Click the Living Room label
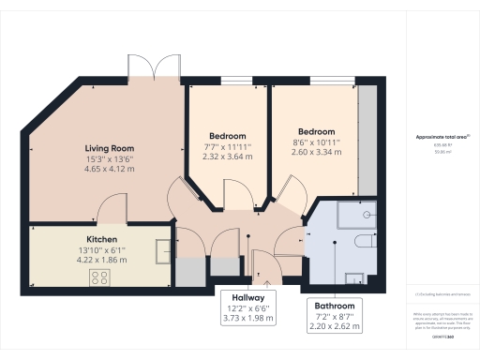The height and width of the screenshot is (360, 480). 110,148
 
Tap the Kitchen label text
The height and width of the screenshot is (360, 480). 102,239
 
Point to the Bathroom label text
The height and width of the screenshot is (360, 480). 335,306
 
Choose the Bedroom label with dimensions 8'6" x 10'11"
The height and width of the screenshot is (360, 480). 316,131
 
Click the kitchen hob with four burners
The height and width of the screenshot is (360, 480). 99,277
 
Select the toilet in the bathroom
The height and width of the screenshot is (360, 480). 368,243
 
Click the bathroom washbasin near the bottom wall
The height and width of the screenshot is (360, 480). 354,277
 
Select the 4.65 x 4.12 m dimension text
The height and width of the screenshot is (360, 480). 110,170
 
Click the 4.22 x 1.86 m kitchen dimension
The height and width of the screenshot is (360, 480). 102,260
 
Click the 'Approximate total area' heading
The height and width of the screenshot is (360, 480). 442,137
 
